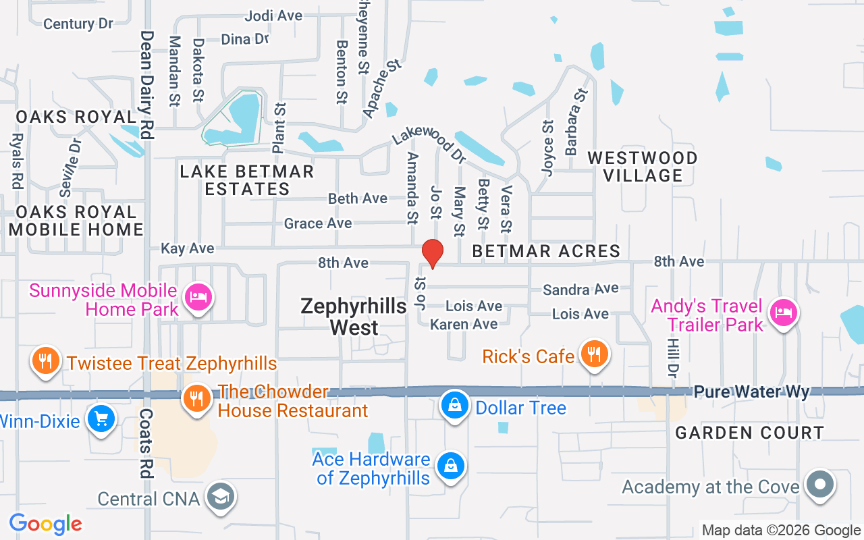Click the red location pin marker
pos(432,254)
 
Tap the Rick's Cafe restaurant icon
pos(593,353)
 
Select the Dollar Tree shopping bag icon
pos(456,406)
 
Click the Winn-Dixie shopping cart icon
pos(101,419)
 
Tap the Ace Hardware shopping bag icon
pos(450,466)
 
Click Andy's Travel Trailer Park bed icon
pos(783,313)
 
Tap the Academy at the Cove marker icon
pos(820,484)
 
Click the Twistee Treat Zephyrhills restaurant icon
pos(45,361)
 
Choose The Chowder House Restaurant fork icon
pos(196,399)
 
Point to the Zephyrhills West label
pos(354,317)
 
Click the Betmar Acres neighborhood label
pos(546,252)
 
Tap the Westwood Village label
pos(643,167)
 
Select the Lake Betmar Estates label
pos(247,180)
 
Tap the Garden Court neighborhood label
pos(749,433)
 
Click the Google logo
pos(45,524)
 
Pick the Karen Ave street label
pos(464,325)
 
